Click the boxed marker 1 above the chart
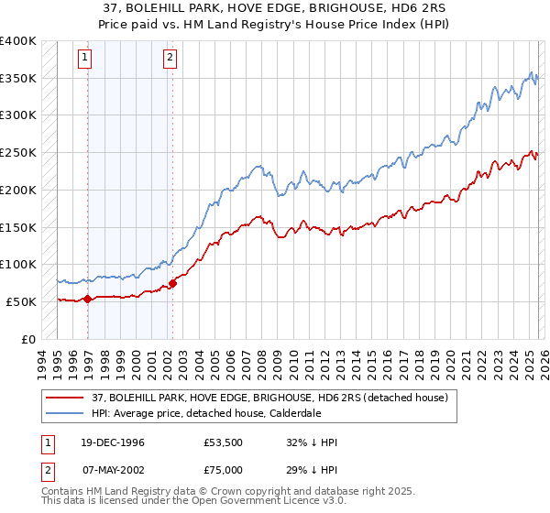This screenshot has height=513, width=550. pos(85,58)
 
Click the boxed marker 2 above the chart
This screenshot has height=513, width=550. pos(170,58)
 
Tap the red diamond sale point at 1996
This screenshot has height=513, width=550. pos(87,299)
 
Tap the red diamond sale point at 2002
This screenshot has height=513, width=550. pos(172,282)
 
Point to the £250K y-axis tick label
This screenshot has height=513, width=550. pos(18,153)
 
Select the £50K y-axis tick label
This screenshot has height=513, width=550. pos(21,301)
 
